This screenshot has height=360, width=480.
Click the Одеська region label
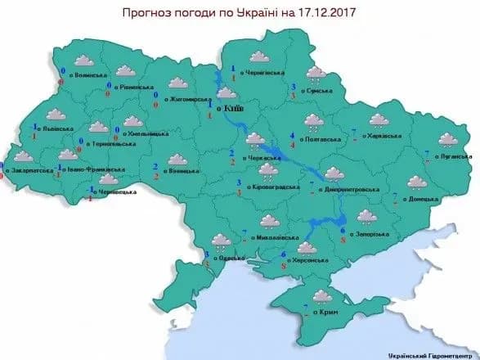(230, 259)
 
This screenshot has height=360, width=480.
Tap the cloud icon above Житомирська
(176, 83)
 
